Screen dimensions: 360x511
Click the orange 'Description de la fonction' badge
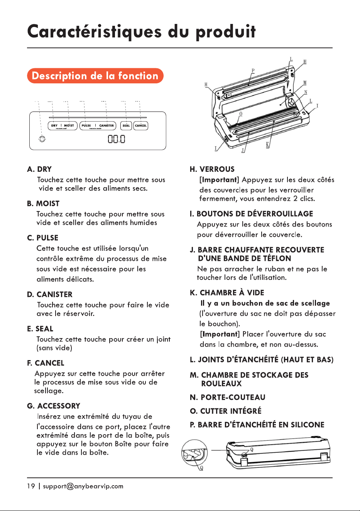(x=95, y=76)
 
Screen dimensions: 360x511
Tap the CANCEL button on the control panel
(x=140, y=125)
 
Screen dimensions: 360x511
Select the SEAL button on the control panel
(x=126, y=125)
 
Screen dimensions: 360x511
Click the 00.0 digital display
(x=117, y=139)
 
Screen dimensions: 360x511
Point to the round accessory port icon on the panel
(x=42, y=139)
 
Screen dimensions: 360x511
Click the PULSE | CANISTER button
(x=98, y=125)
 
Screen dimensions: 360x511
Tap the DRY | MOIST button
(x=63, y=125)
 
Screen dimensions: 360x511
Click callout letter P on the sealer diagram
(x=253, y=71)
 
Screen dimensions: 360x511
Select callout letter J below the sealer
(x=243, y=150)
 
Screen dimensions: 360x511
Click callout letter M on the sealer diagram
(x=305, y=83)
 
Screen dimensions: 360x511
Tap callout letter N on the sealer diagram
(x=306, y=92)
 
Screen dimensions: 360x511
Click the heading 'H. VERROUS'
(x=212, y=169)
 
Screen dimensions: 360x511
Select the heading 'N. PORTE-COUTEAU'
(x=227, y=397)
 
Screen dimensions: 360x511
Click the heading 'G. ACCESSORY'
(x=54, y=406)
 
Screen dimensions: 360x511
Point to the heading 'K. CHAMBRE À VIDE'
(x=227, y=293)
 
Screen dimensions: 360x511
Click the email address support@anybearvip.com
(x=83, y=486)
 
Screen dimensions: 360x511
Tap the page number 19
(x=31, y=486)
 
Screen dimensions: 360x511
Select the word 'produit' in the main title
(x=226, y=32)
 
